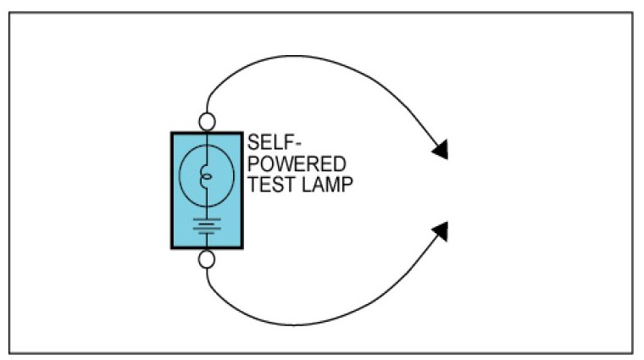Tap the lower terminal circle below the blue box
click(207, 258)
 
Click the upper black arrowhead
click(440, 151)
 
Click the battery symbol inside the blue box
click(207, 224)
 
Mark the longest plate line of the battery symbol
click(207, 219)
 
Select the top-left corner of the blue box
click(172, 133)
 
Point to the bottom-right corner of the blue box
click(241, 247)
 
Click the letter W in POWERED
click(278, 163)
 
